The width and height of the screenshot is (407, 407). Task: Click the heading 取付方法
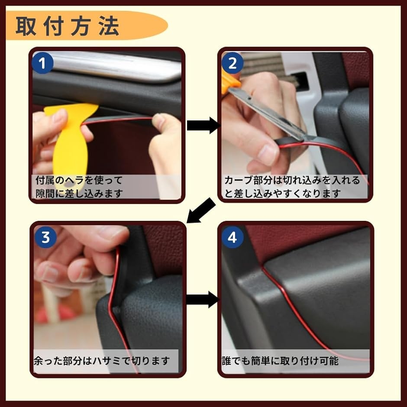coord(68,26)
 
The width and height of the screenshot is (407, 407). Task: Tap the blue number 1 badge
coord(42,63)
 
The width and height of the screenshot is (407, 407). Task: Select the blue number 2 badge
coord(233,63)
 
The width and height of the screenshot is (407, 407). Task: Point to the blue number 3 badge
coord(45,237)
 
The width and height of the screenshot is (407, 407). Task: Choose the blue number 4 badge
coord(233,237)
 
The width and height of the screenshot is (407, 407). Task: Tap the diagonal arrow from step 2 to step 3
coord(201,210)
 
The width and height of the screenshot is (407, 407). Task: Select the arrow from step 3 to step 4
coord(203,300)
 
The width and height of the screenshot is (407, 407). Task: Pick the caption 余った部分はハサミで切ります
coord(102,361)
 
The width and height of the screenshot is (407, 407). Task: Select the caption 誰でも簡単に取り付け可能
coord(280,361)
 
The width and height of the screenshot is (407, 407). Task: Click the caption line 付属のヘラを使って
coord(79,180)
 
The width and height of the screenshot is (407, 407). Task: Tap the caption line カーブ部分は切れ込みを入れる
coord(292,180)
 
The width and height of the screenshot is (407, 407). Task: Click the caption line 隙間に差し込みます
coord(79,194)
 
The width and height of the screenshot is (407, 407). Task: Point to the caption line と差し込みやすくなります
coord(282,194)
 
